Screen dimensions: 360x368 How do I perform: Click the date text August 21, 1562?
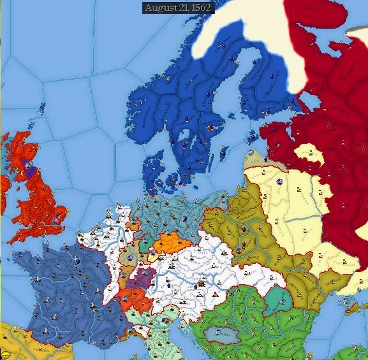(178, 8)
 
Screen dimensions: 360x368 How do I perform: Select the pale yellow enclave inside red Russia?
(309, 152)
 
